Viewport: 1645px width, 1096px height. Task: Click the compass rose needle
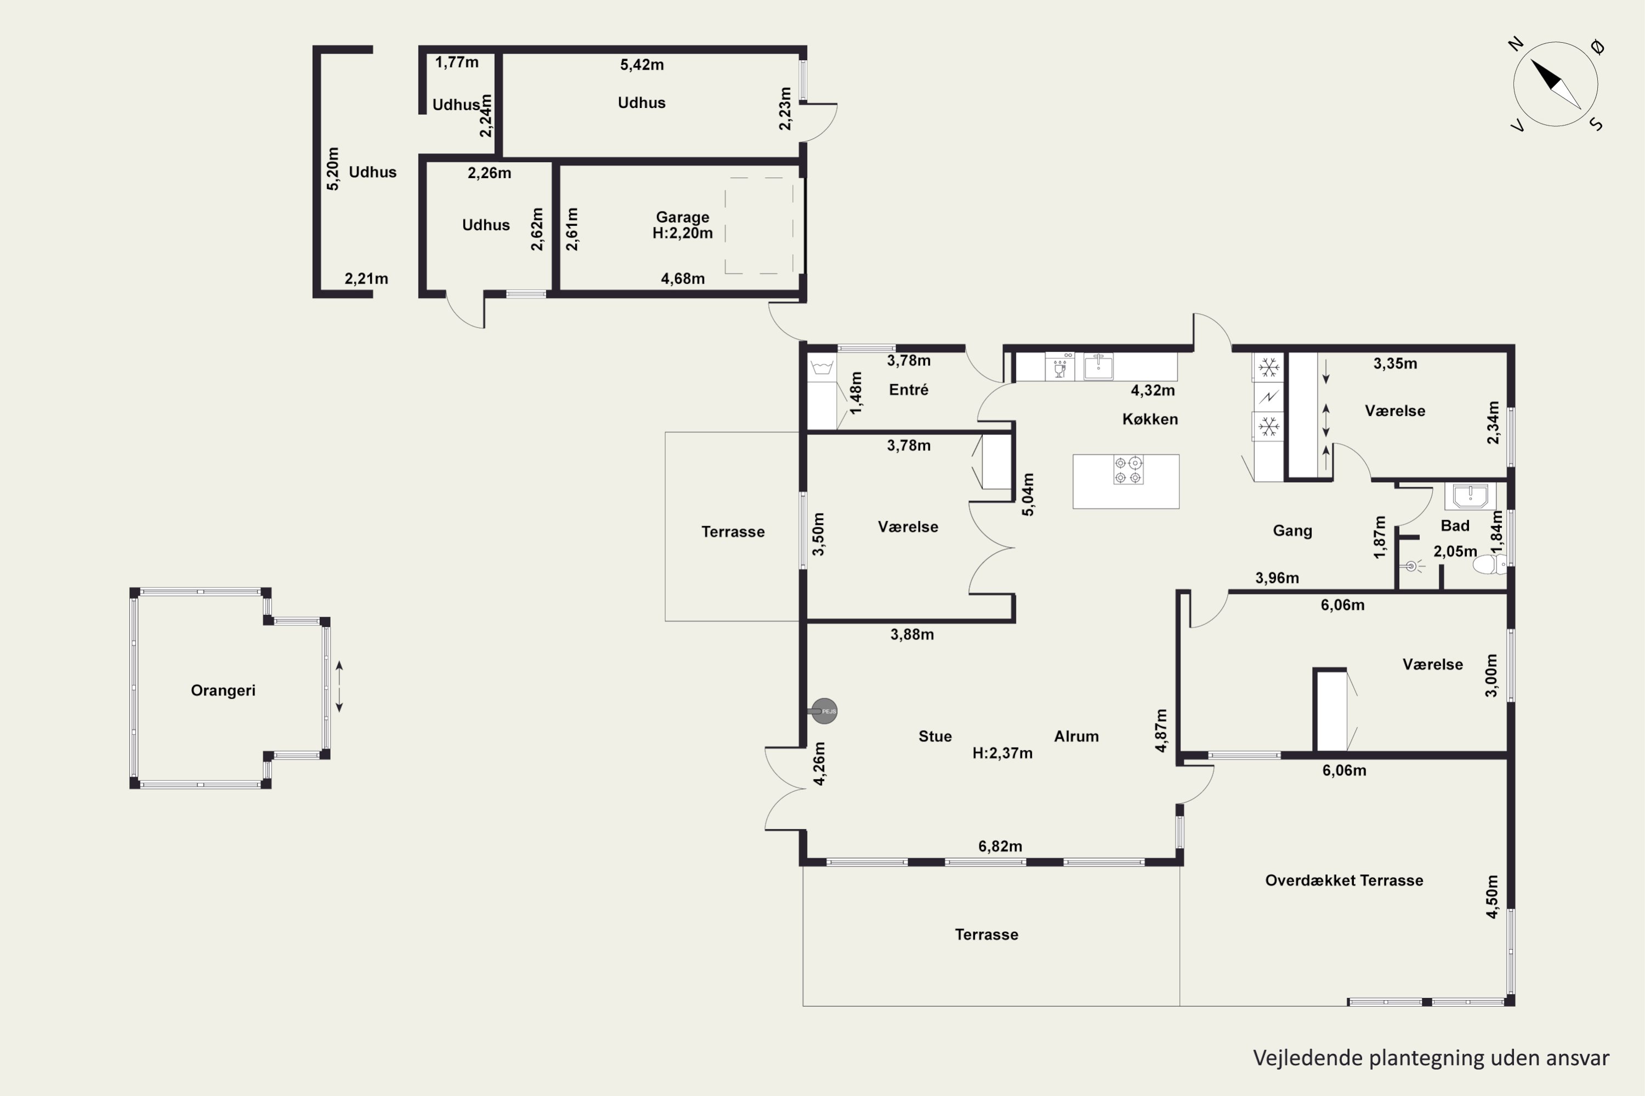[1556, 84]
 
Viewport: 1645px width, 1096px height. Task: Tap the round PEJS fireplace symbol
[825, 711]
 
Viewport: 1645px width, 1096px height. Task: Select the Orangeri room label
[223, 690]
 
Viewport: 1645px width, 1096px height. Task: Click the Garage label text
[683, 218]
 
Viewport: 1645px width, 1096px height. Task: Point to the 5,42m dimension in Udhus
[642, 65]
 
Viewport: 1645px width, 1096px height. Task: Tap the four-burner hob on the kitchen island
[1128, 470]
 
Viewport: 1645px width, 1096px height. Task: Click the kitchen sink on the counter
[1098, 366]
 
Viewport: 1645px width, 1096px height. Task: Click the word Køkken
[1150, 419]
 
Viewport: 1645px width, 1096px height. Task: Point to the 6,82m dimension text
[1000, 847]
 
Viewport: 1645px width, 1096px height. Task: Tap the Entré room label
[909, 390]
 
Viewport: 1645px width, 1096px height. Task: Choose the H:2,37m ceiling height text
[1002, 754]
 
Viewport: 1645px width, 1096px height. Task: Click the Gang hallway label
[1292, 530]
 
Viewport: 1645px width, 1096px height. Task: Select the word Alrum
[1076, 737]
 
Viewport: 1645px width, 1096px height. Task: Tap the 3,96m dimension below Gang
[1277, 578]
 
